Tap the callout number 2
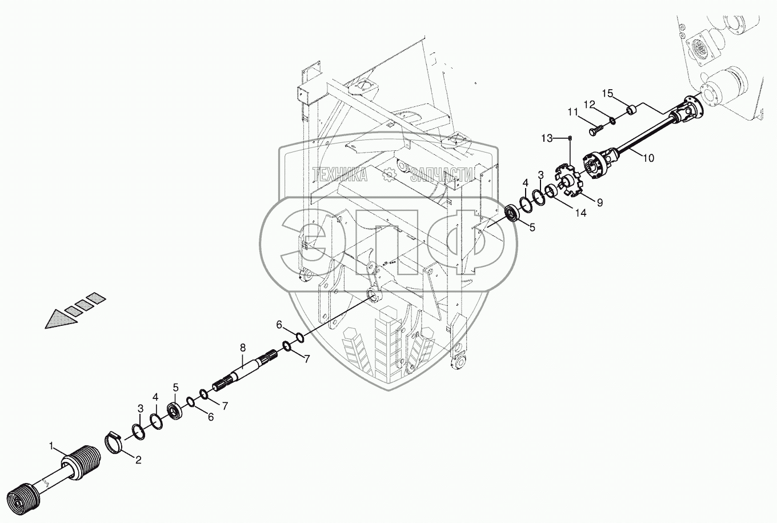tap(138, 458)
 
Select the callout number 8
tap(242, 348)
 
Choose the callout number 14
tap(580, 213)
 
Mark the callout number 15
tap(607, 93)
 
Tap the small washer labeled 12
tap(612, 120)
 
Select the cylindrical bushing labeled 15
tap(632, 109)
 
